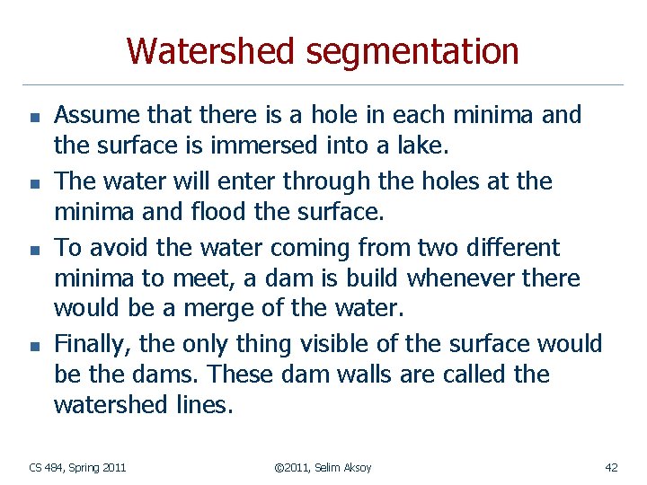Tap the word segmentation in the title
[412, 53]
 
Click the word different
[511, 247]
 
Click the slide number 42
[611, 467]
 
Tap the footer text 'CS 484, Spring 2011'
[77, 467]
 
